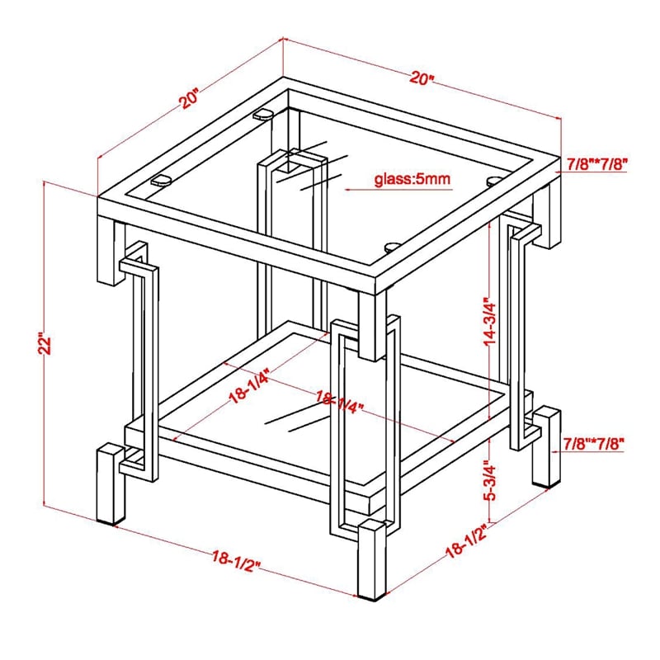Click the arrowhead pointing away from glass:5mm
click(x=349, y=188)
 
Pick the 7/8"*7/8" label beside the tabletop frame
click(x=597, y=164)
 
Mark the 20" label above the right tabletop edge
click(x=422, y=79)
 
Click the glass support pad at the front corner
click(x=394, y=244)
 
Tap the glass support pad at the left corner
click(x=162, y=177)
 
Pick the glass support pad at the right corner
click(x=496, y=180)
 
